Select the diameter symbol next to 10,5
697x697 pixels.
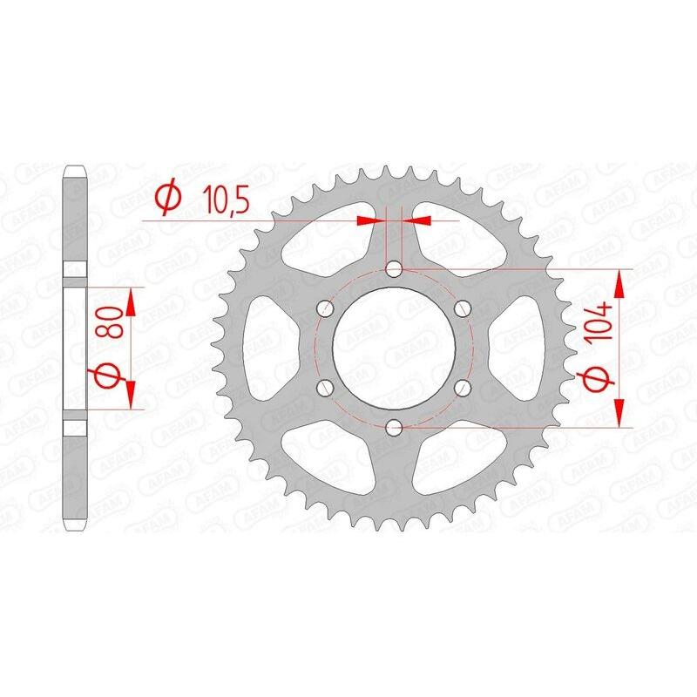[166, 200]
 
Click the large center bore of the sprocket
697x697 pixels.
[394, 348]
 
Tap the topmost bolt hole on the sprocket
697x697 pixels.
[394, 269]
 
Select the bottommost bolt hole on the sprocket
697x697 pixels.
[394, 427]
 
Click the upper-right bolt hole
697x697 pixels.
[462, 308]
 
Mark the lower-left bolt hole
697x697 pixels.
[326, 387]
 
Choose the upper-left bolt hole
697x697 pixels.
[326, 308]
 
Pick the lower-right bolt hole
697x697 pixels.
[462, 387]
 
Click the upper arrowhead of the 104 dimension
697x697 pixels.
[620, 281]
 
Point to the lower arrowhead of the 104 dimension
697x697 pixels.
[620, 415]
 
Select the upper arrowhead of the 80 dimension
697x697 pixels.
[131, 301]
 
